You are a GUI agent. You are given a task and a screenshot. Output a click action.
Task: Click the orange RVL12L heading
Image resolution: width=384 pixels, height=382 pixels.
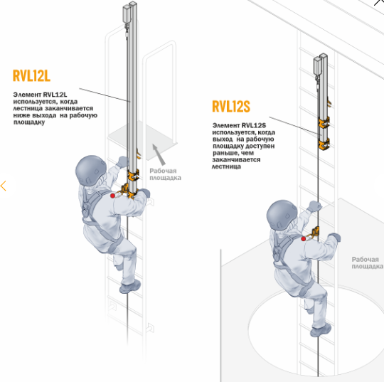coord(31,75)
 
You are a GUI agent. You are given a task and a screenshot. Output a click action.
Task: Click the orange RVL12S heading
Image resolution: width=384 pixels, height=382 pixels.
coord(231,106)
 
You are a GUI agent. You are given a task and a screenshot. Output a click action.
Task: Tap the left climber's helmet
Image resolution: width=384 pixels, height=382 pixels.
coord(90,170)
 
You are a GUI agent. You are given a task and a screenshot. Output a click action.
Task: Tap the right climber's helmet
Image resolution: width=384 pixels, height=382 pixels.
coord(282,215)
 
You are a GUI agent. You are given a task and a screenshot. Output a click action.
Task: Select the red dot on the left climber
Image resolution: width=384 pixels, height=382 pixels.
coord(112,196)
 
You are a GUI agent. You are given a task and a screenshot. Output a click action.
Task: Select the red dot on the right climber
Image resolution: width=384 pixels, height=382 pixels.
coord(304,238)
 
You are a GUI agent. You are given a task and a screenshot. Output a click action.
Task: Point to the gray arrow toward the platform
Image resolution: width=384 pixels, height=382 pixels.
coord(159,154)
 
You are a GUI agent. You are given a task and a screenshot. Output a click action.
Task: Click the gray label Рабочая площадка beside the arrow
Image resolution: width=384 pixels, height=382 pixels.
coord(165,174)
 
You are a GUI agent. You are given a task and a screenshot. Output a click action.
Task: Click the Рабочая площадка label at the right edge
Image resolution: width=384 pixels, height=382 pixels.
coord(368,262)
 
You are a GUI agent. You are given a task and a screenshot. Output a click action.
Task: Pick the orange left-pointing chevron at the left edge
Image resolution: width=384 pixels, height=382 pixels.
coord(3,186)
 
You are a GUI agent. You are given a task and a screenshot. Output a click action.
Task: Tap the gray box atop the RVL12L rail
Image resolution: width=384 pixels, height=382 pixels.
coord(127,14)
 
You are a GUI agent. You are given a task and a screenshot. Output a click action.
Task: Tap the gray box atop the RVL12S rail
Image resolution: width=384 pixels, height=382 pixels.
coord(317,66)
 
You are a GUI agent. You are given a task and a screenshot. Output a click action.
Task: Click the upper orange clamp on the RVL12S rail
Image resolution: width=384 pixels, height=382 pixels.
coord(324,123)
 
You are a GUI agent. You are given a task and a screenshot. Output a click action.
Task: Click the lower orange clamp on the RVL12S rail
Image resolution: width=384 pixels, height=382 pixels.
coord(324,144)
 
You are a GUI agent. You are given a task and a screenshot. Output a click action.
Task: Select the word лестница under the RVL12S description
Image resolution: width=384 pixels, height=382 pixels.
coord(226,166)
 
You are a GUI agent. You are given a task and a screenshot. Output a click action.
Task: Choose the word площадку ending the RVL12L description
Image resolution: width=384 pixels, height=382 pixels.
coord(29,122)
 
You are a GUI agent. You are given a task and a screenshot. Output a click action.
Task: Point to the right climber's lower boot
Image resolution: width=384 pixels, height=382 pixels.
coord(321,329)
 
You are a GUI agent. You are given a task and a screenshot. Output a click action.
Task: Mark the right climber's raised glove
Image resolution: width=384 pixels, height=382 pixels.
coord(314,206)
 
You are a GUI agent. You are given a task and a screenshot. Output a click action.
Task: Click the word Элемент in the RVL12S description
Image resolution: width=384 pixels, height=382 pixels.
coord(226,125)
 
